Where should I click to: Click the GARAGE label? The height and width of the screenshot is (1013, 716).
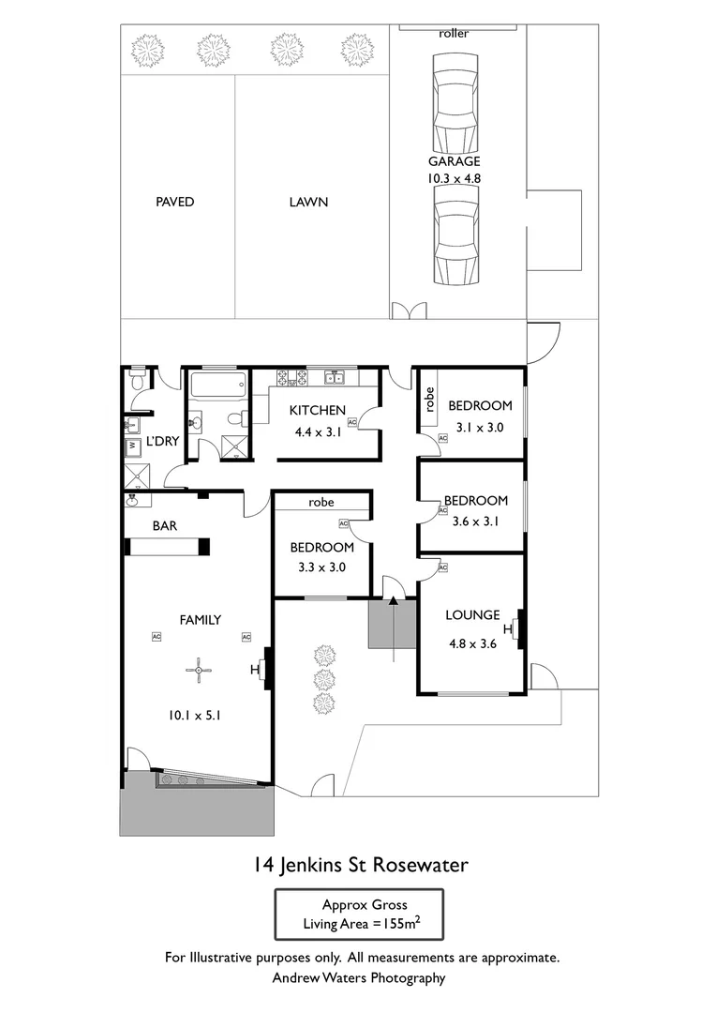click(x=455, y=161)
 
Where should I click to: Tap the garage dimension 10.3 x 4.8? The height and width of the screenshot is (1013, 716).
click(x=455, y=177)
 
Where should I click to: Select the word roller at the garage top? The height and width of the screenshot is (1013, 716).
click(x=454, y=34)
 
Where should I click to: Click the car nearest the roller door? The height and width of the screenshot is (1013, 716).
click(x=455, y=103)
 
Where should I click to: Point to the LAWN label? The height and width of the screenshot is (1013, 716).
click(x=308, y=202)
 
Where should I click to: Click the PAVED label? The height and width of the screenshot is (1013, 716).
click(x=175, y=202)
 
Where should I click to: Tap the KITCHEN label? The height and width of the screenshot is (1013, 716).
click(x=318, y=410)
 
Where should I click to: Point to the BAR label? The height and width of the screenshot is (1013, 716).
click(x=165, y=526)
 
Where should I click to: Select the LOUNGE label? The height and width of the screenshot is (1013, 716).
click(x=472, y=615)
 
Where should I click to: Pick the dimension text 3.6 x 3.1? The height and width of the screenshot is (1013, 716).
click(x=475, y=517)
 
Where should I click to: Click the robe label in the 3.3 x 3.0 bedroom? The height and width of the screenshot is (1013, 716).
click(x=321, y=503)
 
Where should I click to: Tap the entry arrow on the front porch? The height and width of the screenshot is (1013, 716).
click(x=394, y=605)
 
